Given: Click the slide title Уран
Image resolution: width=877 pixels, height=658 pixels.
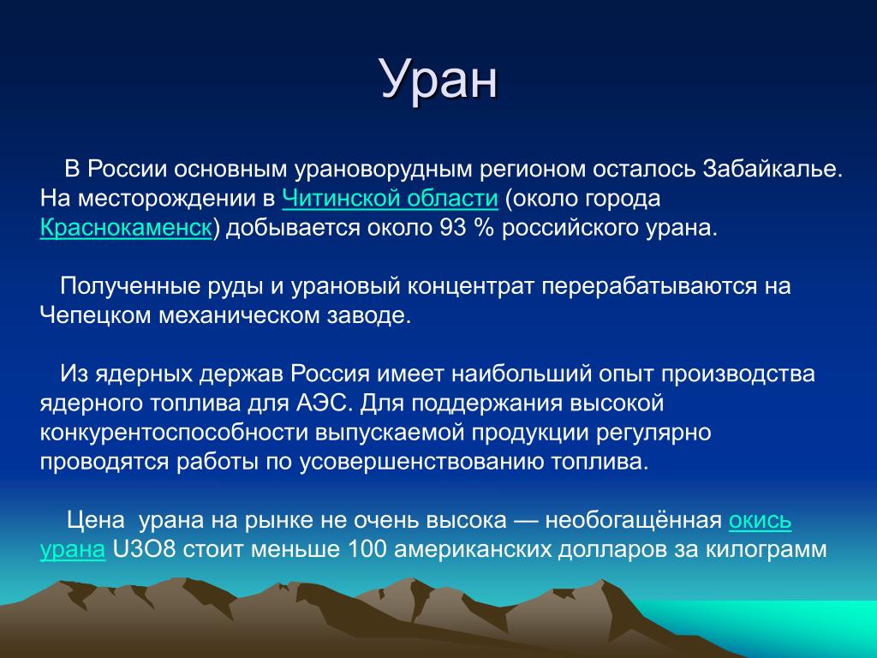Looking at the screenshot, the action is (x=438, y=80).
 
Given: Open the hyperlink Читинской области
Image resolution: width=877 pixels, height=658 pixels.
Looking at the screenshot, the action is (x=390, y=198).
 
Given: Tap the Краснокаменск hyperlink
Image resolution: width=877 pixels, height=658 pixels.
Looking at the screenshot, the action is (x=127, y=228).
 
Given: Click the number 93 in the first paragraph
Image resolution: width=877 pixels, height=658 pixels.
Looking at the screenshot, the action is (x=452, y=228).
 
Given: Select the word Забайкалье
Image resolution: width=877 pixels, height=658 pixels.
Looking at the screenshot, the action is (x=773, y=169).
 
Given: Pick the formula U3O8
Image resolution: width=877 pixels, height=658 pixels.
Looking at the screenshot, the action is (x=144, y=549).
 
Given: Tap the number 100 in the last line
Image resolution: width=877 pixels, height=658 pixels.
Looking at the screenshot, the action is (x=367, y=549).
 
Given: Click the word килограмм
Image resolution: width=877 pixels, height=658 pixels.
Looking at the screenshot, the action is (x=767, y=549).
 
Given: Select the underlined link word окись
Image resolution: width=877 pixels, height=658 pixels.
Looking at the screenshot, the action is (x=761, y=520).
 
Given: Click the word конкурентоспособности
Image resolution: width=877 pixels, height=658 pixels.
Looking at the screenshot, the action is (x=174, y=433).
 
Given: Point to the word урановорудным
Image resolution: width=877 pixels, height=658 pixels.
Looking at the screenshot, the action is (x=384, y=170).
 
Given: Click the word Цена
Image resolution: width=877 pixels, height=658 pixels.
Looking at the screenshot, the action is (x=96, y=520).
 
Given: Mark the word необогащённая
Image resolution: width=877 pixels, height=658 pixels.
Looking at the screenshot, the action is (x=634, y=520).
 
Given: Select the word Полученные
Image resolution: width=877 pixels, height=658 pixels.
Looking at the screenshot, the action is (x=130, y=286).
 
